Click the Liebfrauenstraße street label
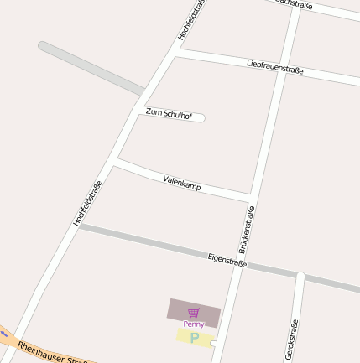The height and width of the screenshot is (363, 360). (274, 66)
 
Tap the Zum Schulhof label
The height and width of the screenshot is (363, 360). (169, 112)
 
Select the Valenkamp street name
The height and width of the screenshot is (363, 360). (182, 182)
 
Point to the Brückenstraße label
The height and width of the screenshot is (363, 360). (246, 229)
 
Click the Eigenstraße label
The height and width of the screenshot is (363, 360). (227, 260)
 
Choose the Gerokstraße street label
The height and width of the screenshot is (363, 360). (292, 340)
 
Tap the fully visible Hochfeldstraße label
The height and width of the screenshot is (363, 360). (87, 203)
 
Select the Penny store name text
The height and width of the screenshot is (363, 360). (194, 324)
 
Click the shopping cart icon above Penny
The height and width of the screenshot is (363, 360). (194, 313)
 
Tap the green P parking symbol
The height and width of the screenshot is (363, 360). (195, 338)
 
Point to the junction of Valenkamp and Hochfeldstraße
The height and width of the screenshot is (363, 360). (115, 161)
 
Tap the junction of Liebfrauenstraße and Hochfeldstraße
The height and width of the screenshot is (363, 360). (175, 52)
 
